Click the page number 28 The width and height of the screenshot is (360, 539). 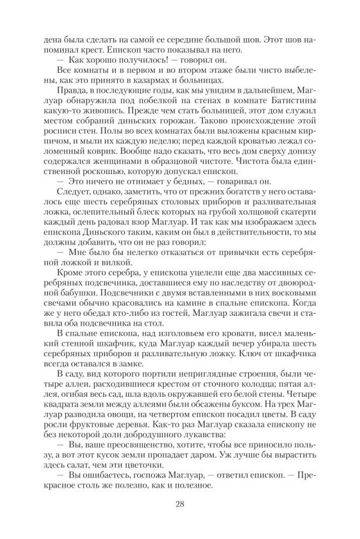coord(180,505)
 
